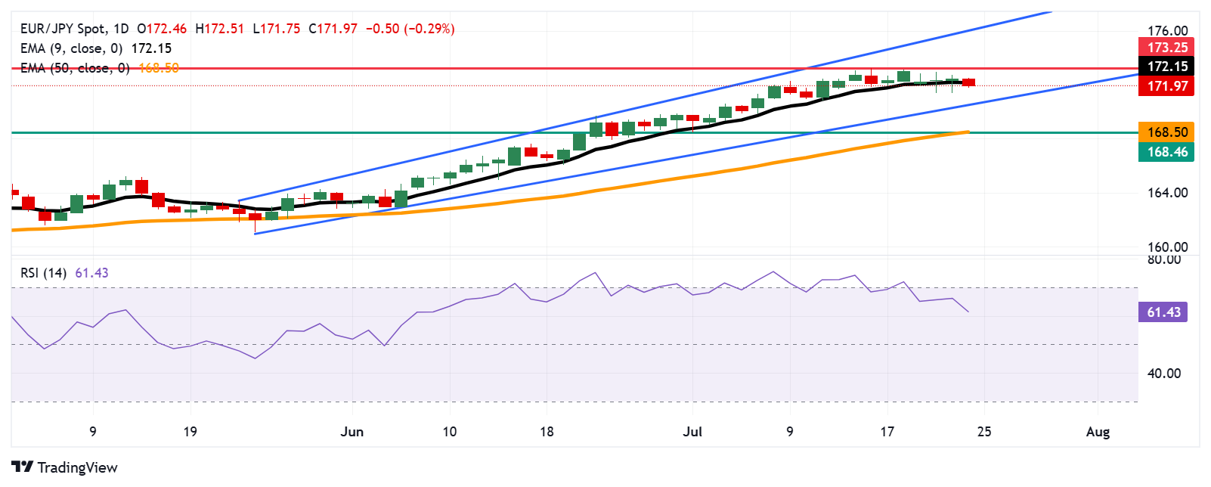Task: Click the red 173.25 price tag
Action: click(x=1167, y=47)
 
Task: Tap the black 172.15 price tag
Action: click(x=1167, y=67)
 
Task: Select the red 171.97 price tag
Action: click(x=1167, y=86)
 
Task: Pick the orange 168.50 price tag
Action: click(x=1167, y=132)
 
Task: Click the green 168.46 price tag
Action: click(x=1167, y=152)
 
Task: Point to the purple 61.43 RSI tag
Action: click(x=1163, y=312)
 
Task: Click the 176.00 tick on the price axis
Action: click(x=1167, y=31)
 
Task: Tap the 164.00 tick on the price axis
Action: click(x=1167, y=193)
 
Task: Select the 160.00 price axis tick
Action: click(x=1167, y=247)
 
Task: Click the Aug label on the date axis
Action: click(x=1098, y=432)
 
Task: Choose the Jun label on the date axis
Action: click(x=352, y=432)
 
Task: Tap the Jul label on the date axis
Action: click(x=692, y=432)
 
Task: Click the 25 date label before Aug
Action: click(x=983, y=432)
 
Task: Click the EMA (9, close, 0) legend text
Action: click(x=71, y=48)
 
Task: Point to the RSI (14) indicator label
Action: click(x=44, y=273)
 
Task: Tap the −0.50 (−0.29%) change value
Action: click(x=410, y=29)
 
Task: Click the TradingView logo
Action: click(x=65, y=467)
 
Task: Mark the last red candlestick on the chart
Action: click(x=968, y=82)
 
